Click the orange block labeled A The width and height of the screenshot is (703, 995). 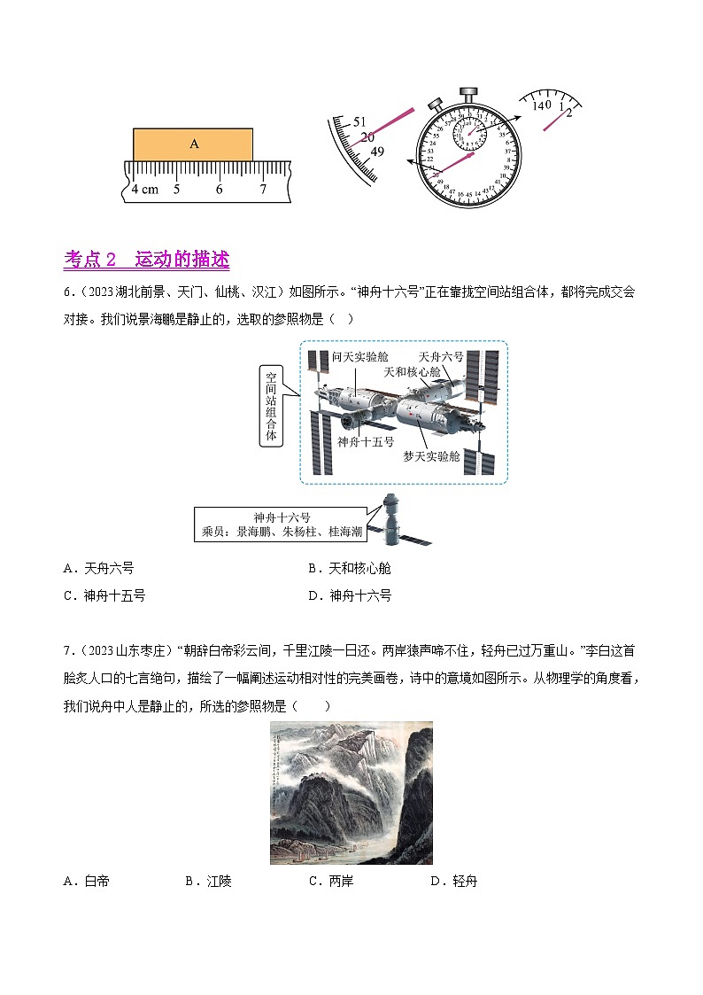[x=193, y=144]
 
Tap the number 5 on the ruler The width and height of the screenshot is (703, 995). [x=176, y=190]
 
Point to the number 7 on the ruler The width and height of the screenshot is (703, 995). [x=263, y=190]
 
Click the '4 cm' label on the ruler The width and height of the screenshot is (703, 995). [x=144, y=190]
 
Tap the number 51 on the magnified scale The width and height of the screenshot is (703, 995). [x=359, y=121]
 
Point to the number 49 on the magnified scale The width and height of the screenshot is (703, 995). [x=377, y=152]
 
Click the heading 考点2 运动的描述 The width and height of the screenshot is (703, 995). [x=147, y=260]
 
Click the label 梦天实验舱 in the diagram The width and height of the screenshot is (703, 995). [x=431, y=455]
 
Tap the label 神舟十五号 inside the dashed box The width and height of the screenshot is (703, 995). [x=365, y=441]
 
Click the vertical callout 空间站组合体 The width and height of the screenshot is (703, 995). [x=271, y=406]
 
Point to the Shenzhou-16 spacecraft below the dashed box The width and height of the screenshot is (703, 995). [x=389, y=521]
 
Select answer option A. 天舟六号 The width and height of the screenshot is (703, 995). [x=98, y=568]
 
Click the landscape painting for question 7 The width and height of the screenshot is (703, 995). [x=351, y=792]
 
